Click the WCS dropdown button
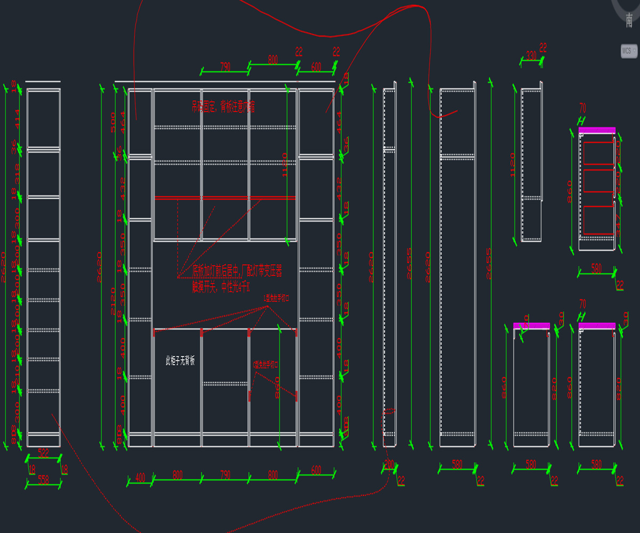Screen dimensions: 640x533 click(x=629, y=51)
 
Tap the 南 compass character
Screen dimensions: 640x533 click(x=630, y=20)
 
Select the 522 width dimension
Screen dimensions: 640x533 click(x=43, y=453)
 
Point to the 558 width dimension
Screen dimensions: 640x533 click(x=43, y=480)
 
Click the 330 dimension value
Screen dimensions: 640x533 click(x=531, y=55)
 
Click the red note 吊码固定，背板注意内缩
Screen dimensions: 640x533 click(x=223, y=107)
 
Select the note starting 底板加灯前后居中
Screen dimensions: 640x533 click(x=237, y=271)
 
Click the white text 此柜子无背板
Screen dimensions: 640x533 click(x=180, y=361)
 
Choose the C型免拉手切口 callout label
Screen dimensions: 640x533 click(x=266, y=365)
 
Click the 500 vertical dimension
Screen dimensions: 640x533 click(x=113, y=122)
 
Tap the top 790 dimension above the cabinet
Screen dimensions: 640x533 click(x=225, y=67)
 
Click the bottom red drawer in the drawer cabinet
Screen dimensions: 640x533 click(x=598, y=220)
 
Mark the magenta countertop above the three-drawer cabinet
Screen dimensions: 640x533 click(x=597, y=130)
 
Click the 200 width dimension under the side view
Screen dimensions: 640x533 click(x=389, y=464)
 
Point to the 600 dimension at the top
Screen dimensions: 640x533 click(x=316, y=67)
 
